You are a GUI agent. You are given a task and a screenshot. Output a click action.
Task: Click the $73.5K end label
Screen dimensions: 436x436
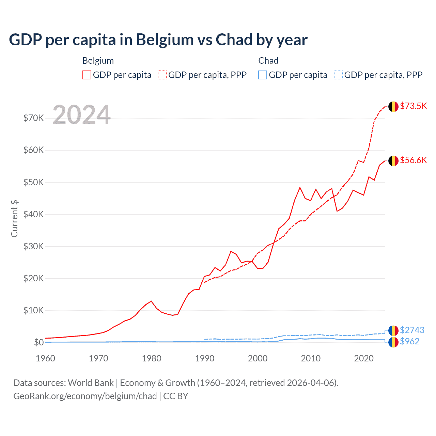413,106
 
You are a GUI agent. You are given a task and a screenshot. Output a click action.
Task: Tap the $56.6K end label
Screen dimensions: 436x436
413,160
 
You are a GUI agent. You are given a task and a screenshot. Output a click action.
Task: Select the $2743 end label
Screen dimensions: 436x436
412,330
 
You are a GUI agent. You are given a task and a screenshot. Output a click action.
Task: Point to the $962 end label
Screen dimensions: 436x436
410,341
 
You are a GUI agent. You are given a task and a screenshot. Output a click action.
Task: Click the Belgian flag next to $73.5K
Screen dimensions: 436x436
393,107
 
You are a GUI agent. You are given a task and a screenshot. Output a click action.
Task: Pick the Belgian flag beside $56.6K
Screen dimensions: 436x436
393,161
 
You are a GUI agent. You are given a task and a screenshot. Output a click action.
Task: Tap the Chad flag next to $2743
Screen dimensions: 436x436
393,330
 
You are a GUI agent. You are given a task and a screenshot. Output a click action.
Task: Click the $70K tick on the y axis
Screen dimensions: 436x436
33,118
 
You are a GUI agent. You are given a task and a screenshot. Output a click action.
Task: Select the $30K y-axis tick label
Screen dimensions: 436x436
33,246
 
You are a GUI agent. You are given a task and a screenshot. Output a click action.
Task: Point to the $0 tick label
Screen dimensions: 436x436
39,342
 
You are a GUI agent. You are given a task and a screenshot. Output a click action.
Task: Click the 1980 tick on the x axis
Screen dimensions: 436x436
152,358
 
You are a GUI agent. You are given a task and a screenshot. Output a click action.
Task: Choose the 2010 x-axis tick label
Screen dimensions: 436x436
311,358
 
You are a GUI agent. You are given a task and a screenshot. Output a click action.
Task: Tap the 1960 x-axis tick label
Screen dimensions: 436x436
46,358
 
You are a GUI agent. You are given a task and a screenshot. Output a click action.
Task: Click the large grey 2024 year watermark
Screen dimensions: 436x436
82,115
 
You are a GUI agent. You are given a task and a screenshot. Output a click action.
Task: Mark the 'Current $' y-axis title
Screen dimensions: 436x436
14,219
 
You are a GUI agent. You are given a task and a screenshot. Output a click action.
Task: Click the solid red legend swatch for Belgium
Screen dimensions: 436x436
87,75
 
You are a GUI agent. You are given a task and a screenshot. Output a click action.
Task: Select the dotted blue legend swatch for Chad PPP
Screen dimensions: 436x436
338,75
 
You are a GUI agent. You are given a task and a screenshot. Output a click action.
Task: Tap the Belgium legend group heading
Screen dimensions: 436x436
98,61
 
